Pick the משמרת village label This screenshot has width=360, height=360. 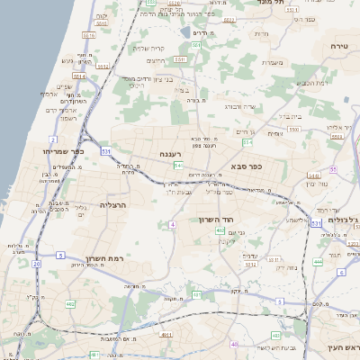click(275, 62)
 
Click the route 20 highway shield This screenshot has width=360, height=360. click(36, 264)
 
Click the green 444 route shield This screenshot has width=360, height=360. click(318, 262)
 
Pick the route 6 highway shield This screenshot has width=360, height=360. click(340, 271)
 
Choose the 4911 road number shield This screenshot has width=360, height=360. click(165, 334)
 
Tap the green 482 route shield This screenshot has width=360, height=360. click(70, 304)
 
